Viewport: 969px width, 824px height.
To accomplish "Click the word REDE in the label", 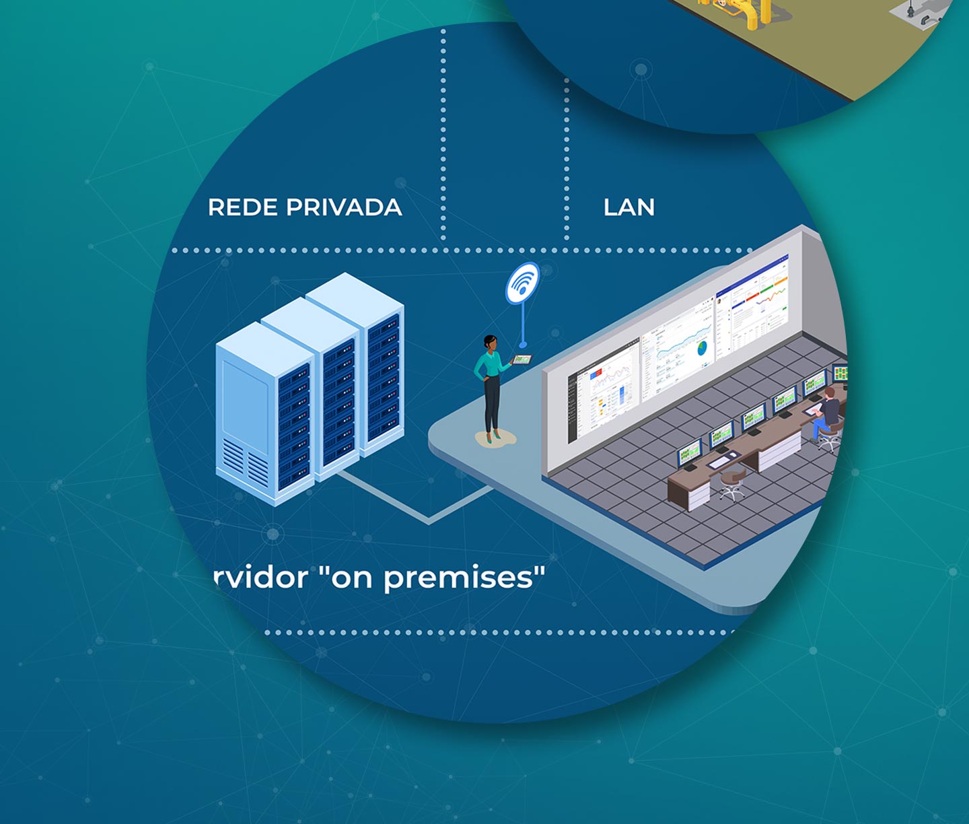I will pos(243,207).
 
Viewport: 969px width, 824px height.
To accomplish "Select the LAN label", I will pos(629,207).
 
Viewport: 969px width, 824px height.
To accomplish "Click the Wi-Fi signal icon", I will pos(522,283).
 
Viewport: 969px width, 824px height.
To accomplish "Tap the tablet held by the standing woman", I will pos(522,359).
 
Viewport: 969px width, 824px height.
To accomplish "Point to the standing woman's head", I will pos(490,343).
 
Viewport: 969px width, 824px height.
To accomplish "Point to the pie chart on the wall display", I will pos(702,348).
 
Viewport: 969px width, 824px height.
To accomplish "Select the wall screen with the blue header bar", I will pos(752,306).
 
